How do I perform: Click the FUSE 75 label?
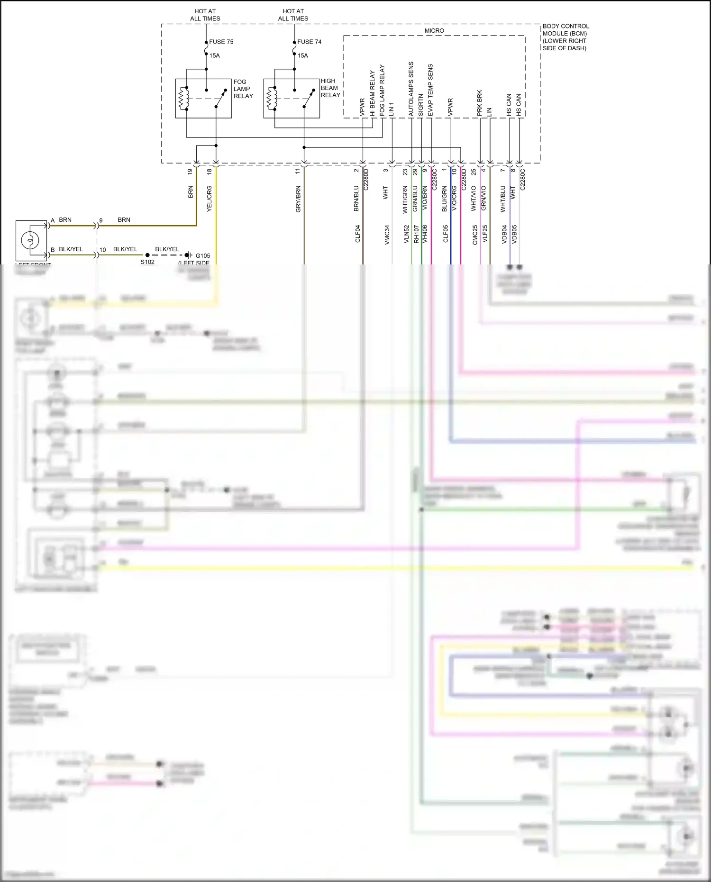[221, 42]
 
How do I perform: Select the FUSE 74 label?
[309, 42]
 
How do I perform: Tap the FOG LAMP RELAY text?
[243, 89]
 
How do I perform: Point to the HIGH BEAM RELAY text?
[330, 88]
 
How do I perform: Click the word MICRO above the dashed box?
[434, 31]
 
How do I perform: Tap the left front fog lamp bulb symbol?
[30, 240]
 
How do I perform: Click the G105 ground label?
[202, 256]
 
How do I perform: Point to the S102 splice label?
[147, 262]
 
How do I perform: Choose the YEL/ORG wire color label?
[209, 199]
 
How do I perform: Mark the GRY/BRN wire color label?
[298, 199]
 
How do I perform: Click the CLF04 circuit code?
[358, 234]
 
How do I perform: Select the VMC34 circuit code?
[387, 235]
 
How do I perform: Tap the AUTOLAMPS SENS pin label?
[411, 89]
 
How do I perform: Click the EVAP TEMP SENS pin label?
[430, 90]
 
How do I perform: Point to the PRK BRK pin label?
[480, 103]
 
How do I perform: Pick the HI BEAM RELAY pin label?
[373, 93]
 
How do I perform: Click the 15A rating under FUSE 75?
[215, 56]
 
